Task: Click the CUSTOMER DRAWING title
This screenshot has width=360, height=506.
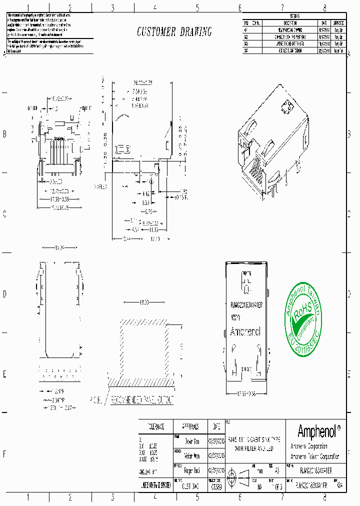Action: (174, 32)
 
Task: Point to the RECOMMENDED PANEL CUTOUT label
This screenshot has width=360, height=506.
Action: (142, 400)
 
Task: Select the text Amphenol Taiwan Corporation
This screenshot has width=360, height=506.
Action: (314, 456)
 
